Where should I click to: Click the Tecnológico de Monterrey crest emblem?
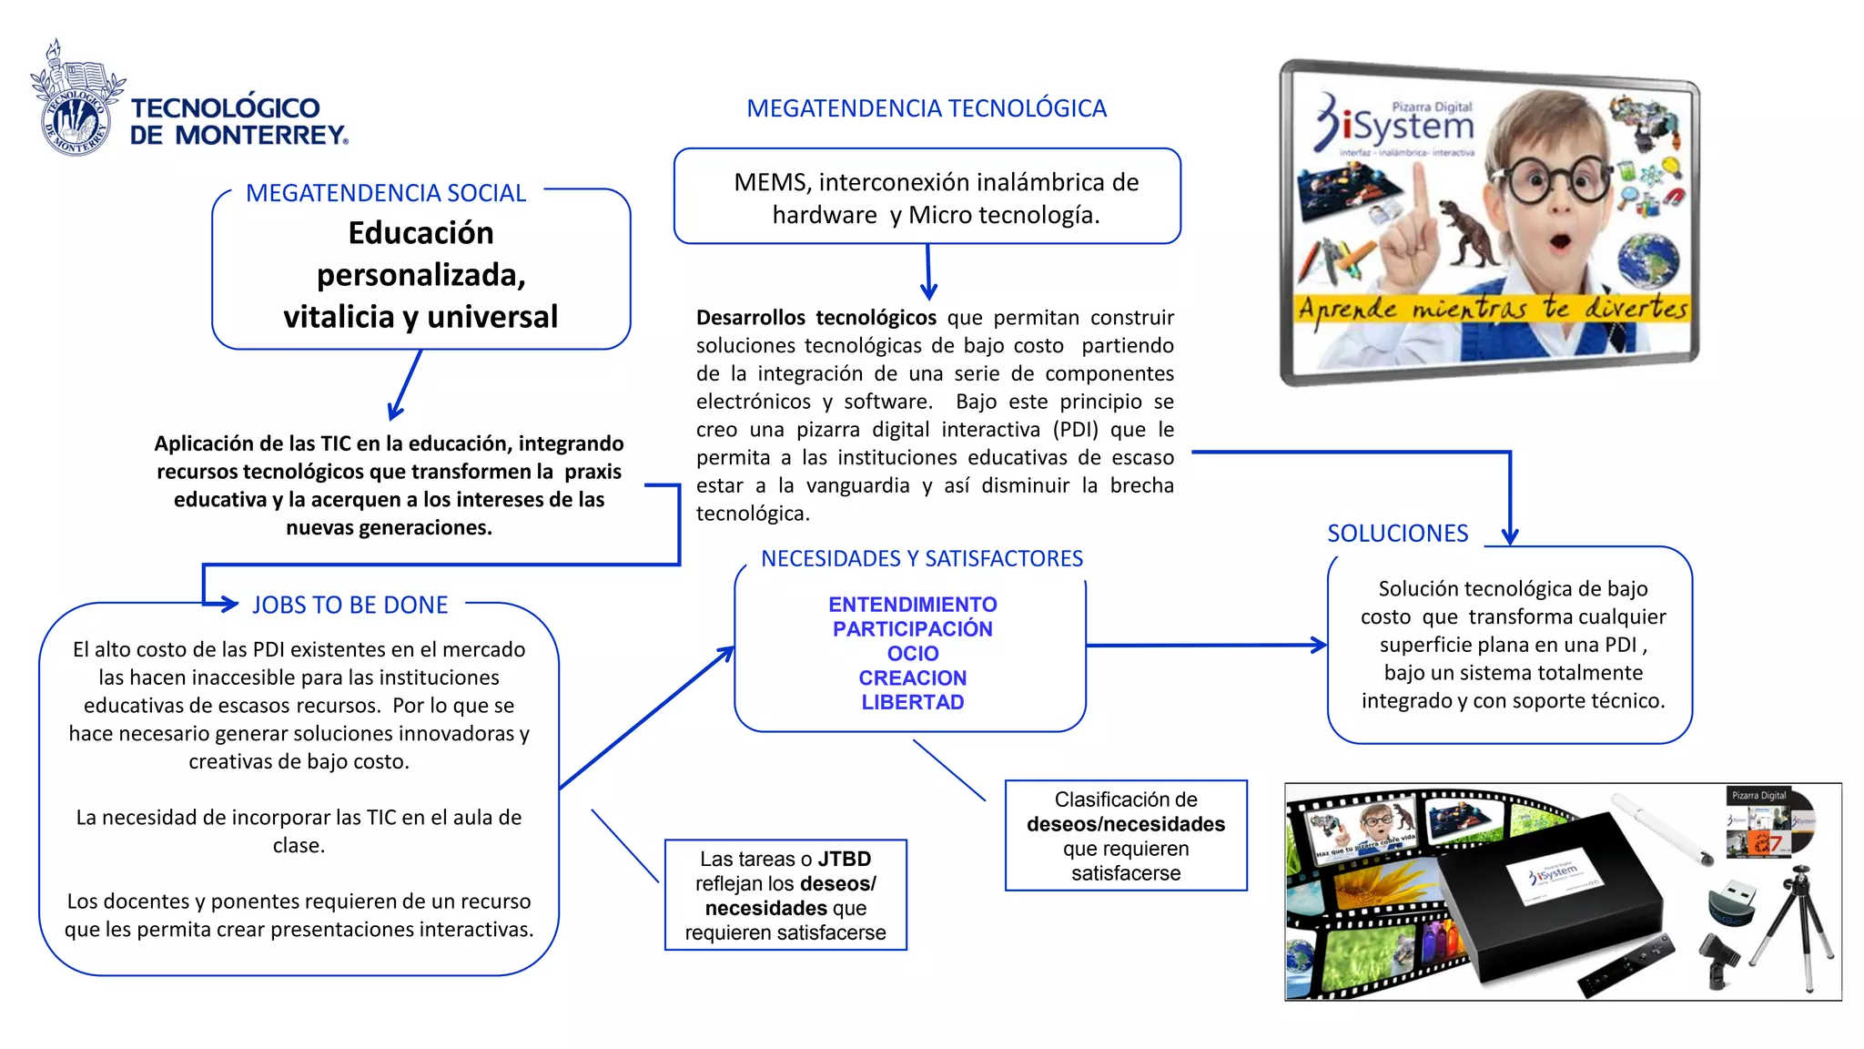coord(76,100)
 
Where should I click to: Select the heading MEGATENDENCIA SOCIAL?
coord(386,193)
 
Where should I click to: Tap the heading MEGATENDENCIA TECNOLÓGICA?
coord(926,108)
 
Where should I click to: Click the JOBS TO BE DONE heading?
coord(349,605)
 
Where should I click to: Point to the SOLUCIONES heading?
coord(1397,533)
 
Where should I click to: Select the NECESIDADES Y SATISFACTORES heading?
coord(921,558)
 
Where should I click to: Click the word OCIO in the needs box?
coord(912,653)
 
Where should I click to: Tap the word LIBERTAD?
coord(912,702)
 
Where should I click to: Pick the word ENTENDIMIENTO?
coord(912,605)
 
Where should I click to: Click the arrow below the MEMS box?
coord(928,273)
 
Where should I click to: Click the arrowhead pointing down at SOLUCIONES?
coord(1510,535)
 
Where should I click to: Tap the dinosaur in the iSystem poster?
coord(1473,233)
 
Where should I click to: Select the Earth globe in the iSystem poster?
coord(1648,260)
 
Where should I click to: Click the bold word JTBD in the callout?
coord(844,859)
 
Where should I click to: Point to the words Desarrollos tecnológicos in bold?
coord(815,318)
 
